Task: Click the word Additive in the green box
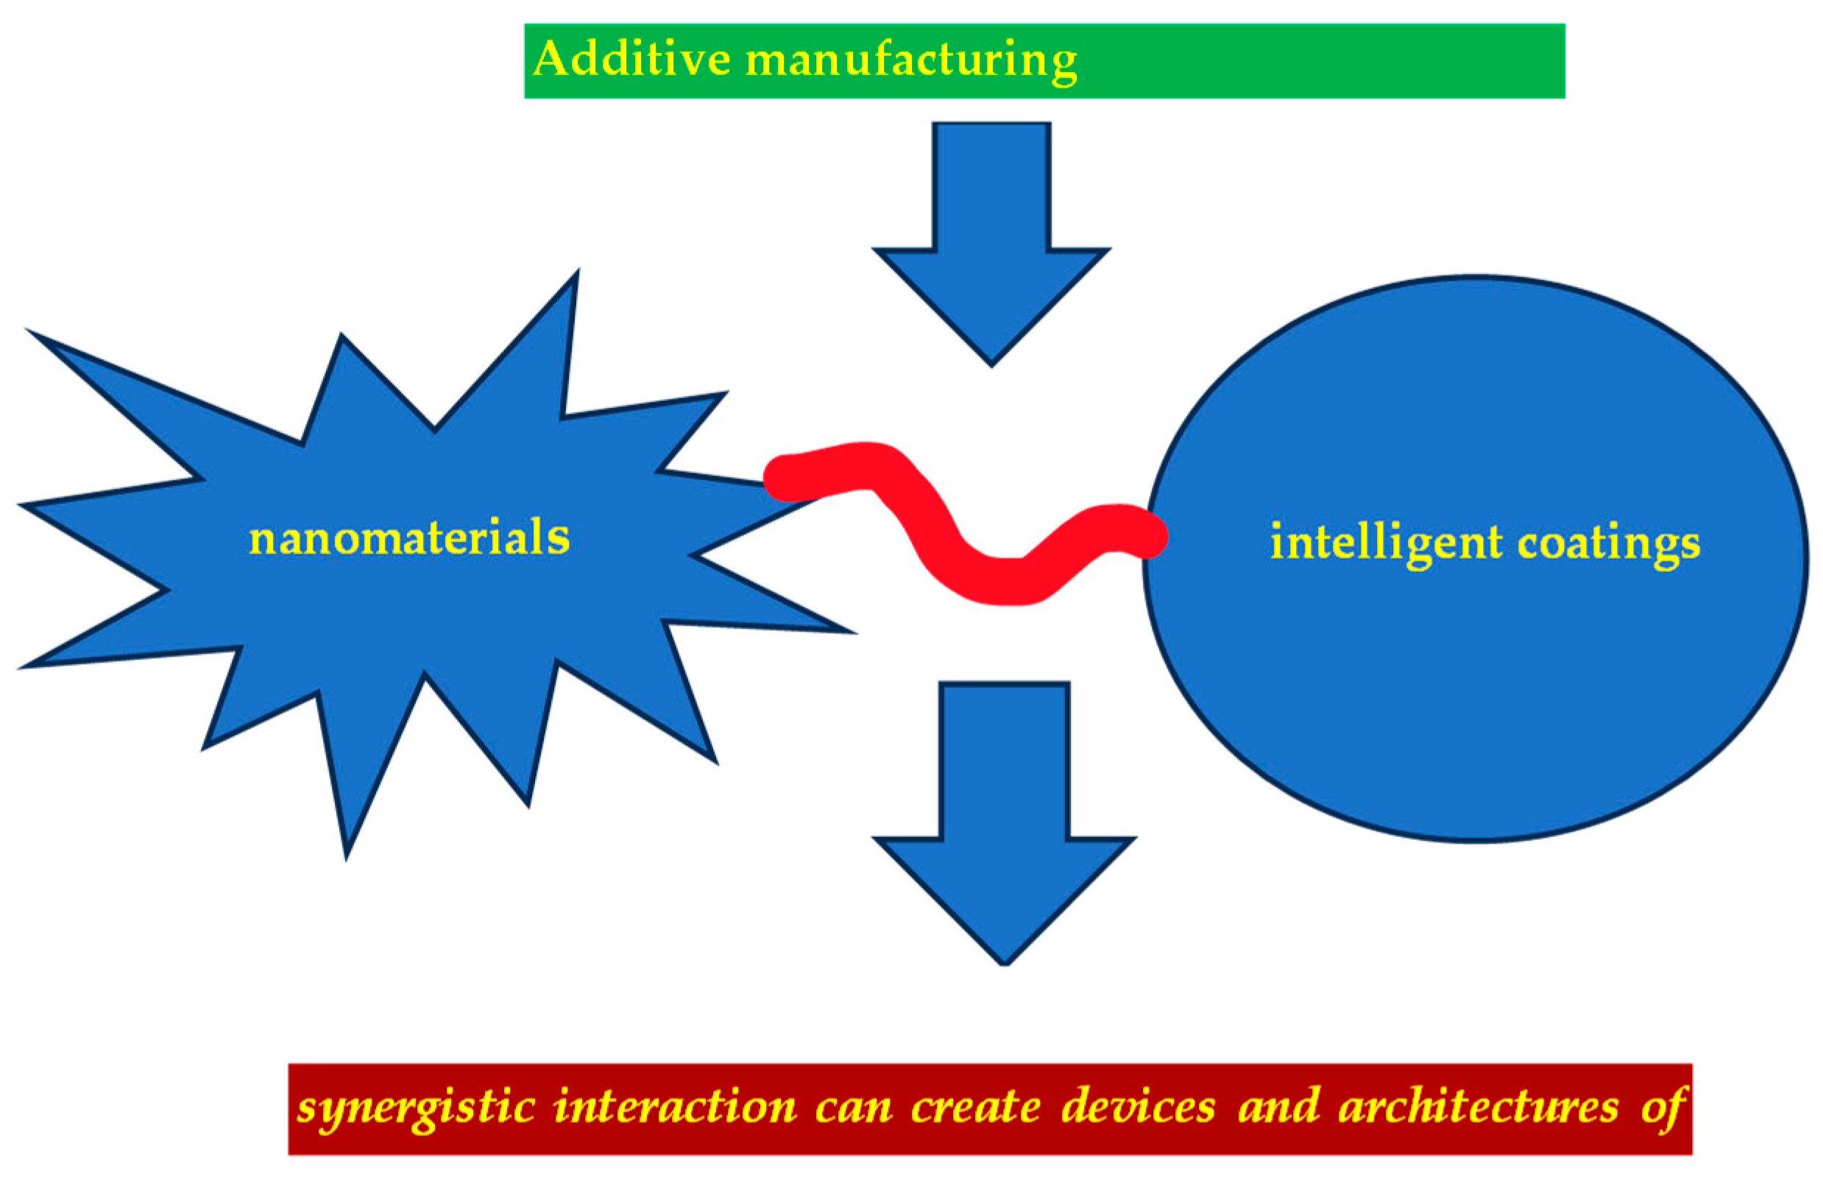[631, 59]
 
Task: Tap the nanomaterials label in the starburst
[409, 537]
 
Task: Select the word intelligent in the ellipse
[1387, 543]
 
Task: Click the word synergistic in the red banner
[416, 1108]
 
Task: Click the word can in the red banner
[853, 1109]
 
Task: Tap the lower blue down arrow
[1003, 828]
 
